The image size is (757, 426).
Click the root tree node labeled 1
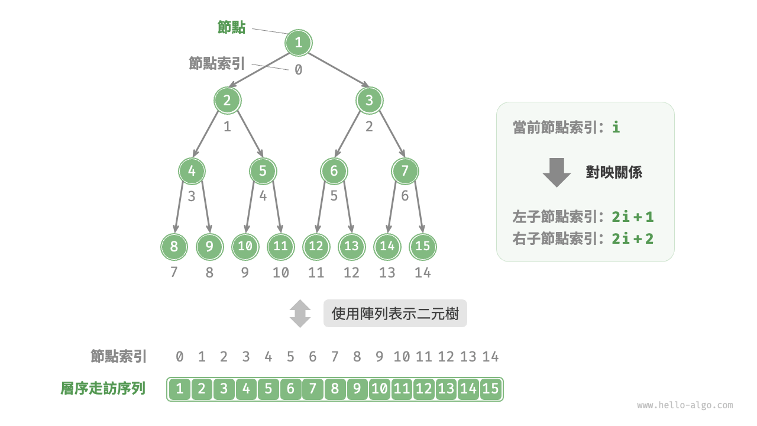pos(298,43)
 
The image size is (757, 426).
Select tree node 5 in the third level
pos(263,172)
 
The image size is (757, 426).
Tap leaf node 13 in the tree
pos(351,247)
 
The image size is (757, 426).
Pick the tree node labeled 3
pos(369,101)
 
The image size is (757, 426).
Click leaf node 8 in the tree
pos(174,247)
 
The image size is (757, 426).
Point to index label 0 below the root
pos(299,70)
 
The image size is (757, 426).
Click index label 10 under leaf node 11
pos(281,273)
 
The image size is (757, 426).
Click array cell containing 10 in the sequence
pos(380,389)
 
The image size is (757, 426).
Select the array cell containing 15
pos(490,389)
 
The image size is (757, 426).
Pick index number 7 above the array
pos(335,357)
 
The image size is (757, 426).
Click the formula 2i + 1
pos(633,217)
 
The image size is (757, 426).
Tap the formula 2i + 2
pos(633,238)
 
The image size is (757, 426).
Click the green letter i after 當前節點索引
pos(616,127)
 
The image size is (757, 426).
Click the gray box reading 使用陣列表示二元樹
pos(395,314)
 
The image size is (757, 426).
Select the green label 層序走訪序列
pos(103,389)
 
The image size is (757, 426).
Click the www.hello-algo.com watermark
pos(685,405)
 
